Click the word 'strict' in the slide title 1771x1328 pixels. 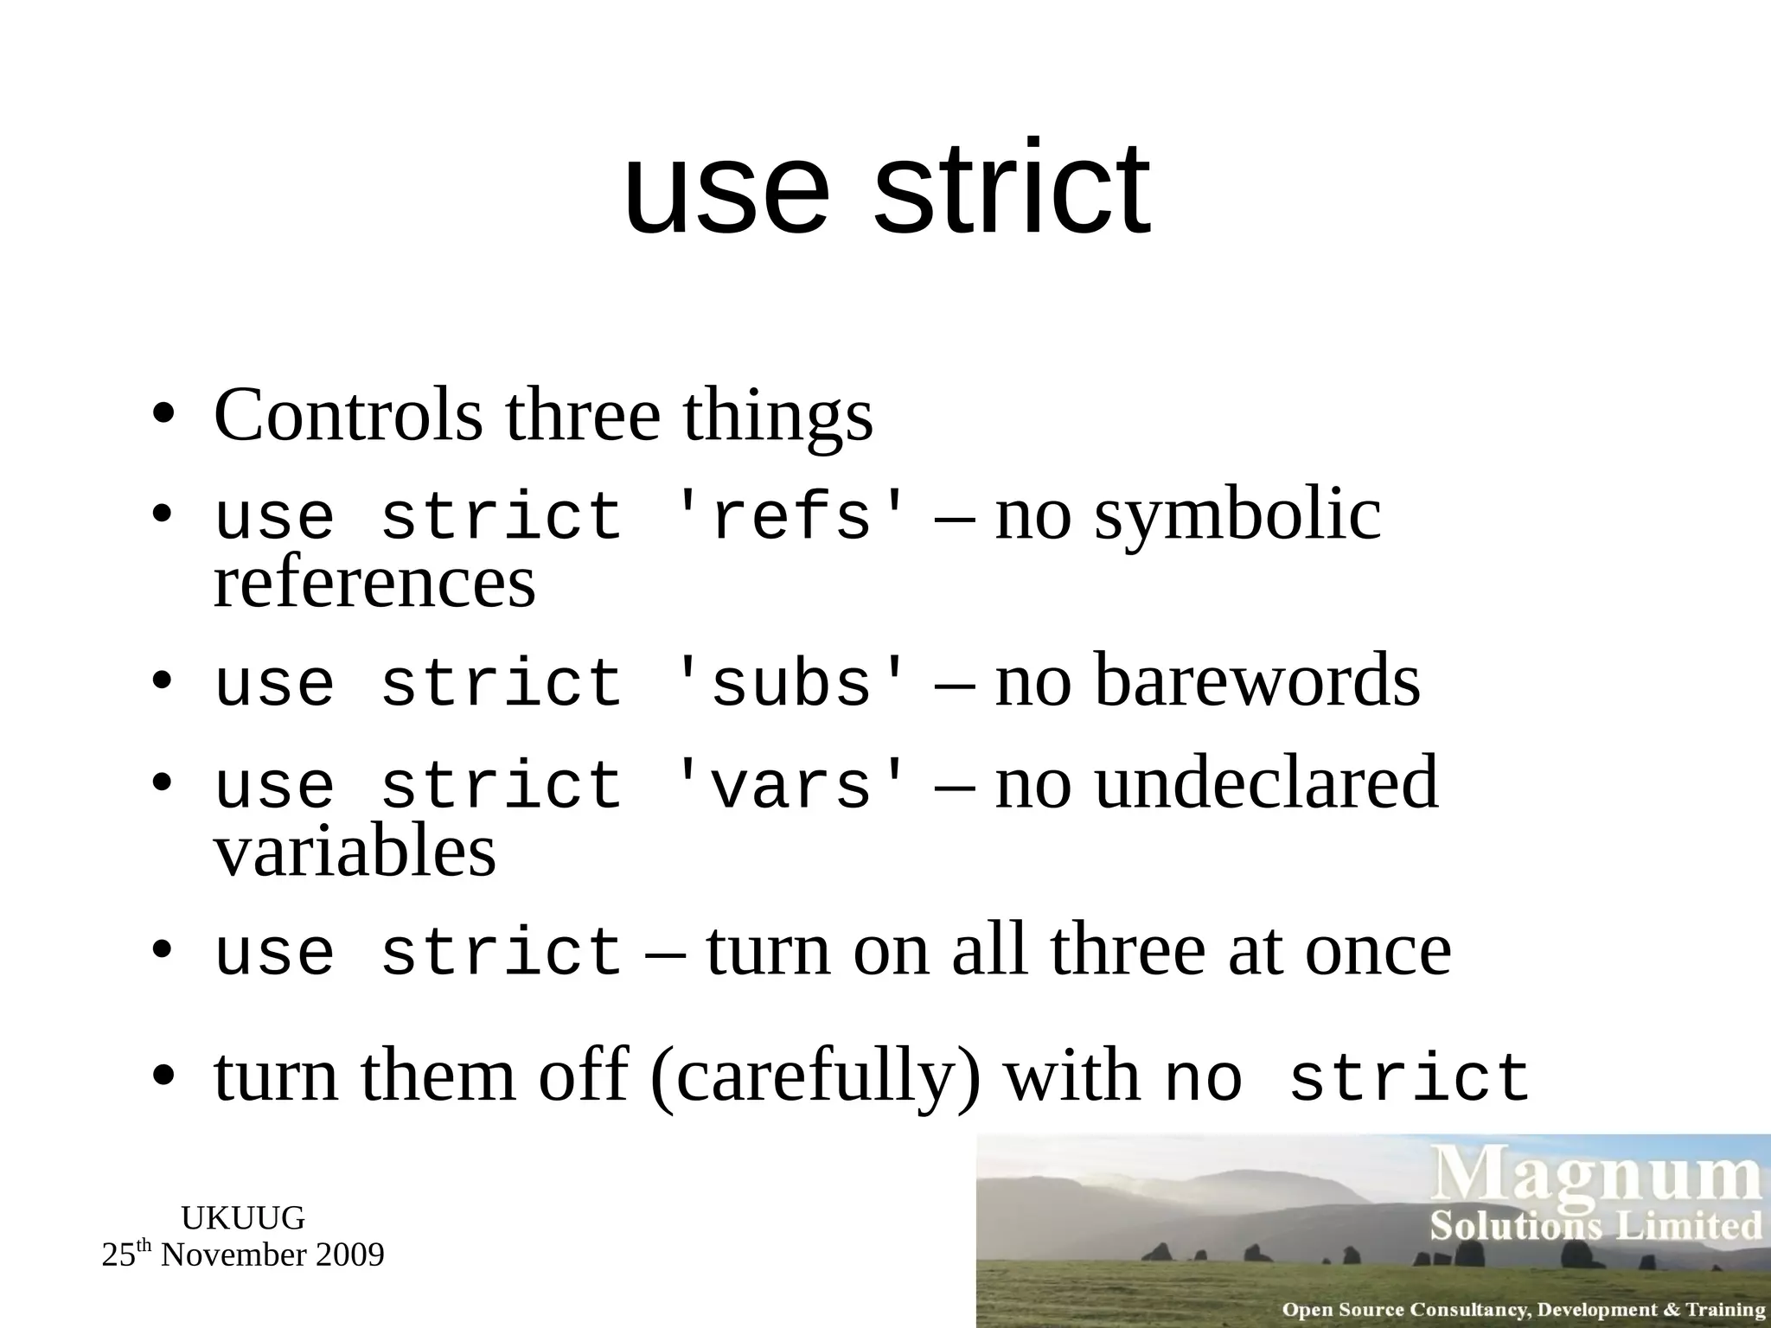pyautogui.click(x=1012, y=188)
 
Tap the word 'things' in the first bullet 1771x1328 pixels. pyautogui.click(x=777, y=417)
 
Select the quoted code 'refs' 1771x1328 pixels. pyautogui.click(x=790, y=517)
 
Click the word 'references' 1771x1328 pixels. pyautogui.click(x=374, y=583)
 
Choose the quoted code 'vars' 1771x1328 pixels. pyautogui.click(x=790, y=785)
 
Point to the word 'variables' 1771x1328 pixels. pyautogui.click(x=355, y=852)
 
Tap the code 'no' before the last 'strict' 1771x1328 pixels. pyautogui.click(x=1204, y=1079)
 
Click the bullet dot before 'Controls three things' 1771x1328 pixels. pyautogui.click(x=163, y=416)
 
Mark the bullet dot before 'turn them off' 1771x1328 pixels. pyautogui.click(x=163, y=1077)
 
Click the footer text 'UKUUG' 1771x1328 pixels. pyautogui.click(x=243, y=1218)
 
